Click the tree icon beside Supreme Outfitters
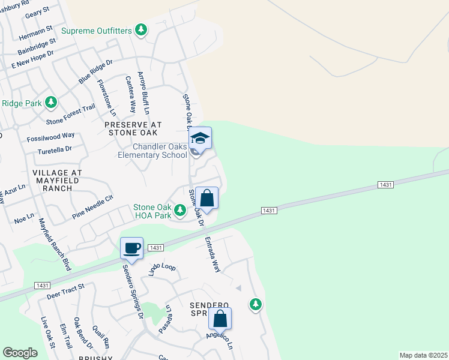point(141,29)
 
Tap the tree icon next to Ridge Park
point(52,103)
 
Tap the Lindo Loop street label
point(160,267)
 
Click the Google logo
point(20,352)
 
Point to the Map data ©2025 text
point(423,355)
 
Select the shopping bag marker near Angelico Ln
point(220,319)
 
